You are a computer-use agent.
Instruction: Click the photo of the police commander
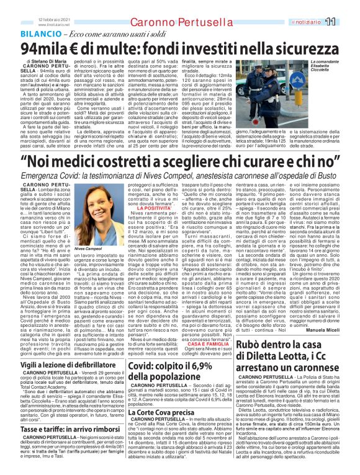[x=286, y=93]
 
